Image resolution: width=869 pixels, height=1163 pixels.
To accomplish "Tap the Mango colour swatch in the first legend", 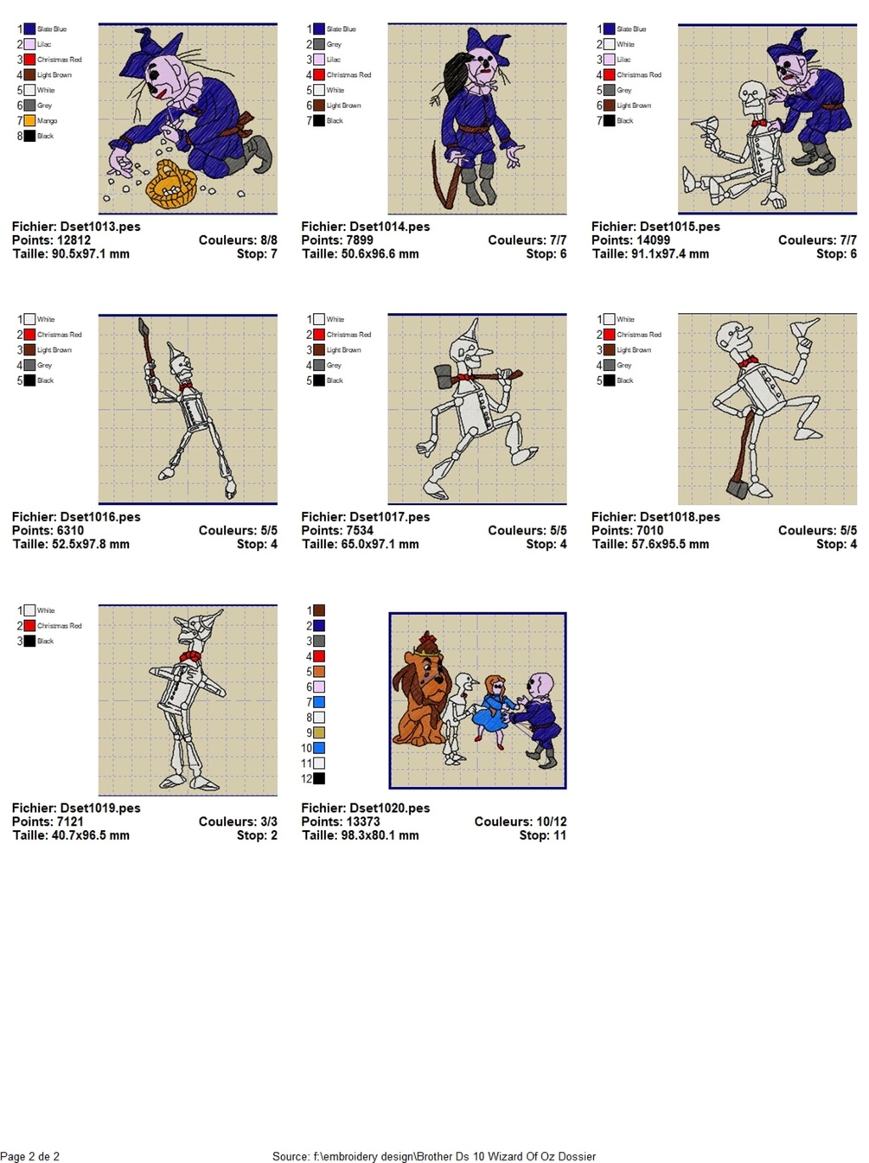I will pos(29,121).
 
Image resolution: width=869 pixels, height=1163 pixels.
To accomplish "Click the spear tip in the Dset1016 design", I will pos(143,326).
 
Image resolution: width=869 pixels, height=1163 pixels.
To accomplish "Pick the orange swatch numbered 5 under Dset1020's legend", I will pos(319,672).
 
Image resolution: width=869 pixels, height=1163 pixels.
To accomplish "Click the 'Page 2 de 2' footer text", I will pos(30,1156).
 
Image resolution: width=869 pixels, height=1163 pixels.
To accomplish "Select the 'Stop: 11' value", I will pos(542,835).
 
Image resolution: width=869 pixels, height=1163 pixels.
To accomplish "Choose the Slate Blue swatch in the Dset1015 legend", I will pos(610,29).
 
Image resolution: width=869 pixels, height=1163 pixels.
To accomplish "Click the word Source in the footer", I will pos(291,1156).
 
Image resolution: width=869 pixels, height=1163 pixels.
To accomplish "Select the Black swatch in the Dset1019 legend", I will pos(29,642).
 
